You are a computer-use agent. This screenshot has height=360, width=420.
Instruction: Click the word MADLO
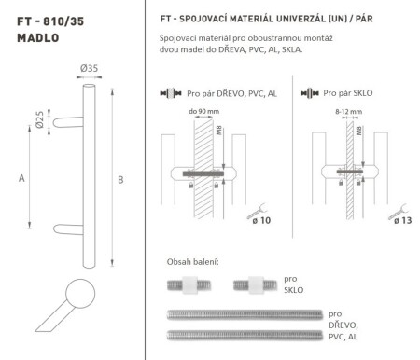[x=29, y=38]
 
